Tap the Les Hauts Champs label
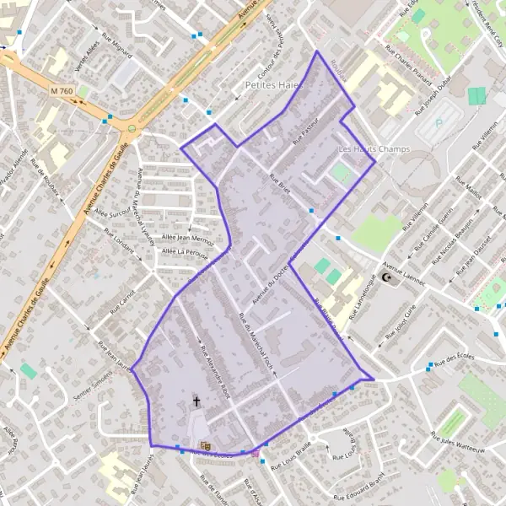373,150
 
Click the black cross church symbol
197,401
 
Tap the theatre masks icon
203,444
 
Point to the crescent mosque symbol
387,277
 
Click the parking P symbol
439,123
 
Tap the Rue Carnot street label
126,297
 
